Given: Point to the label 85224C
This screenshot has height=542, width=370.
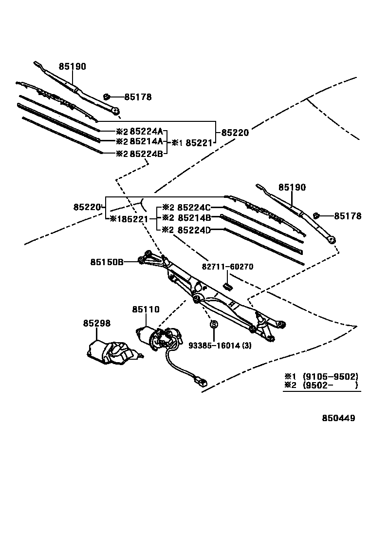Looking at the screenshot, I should point(194,207).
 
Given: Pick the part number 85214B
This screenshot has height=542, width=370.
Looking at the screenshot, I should point(194,218).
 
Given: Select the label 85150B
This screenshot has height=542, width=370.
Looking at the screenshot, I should point(106,262).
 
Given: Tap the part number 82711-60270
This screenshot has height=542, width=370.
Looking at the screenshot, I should point(227,267).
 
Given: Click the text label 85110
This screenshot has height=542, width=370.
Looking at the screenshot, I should point(146,309).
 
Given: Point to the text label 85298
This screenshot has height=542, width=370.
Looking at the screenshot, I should point(96,323).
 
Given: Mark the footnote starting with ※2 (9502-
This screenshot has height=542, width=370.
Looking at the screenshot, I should point(321,385).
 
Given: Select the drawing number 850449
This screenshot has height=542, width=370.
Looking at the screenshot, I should point(338,418).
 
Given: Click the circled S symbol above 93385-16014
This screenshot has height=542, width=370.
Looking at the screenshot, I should point(213,324).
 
